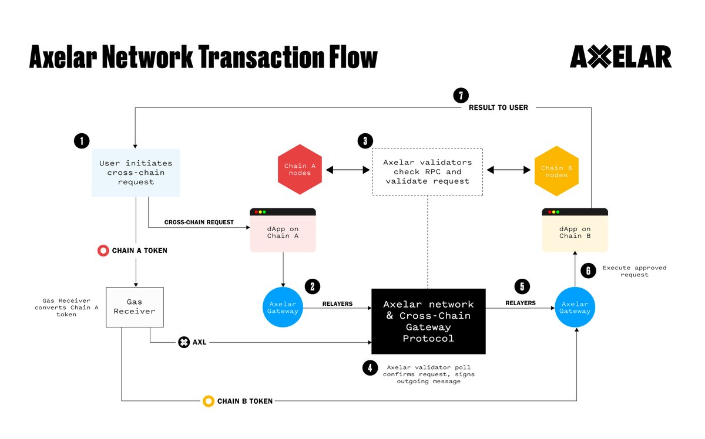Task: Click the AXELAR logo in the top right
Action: [x=620, y=58]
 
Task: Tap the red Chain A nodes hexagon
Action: [x=300, y=170]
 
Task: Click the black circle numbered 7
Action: [x=461, y=95]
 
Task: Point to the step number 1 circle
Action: [x=82, y=141]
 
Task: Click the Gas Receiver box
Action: [x=135, y=307]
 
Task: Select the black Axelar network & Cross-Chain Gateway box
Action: [x=428, y=321]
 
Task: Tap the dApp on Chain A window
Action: [x=283, y=231]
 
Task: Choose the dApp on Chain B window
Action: [x=574, y=231]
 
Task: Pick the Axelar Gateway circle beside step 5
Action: [x=574, y=308]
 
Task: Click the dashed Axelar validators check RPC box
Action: [x=427, y=171]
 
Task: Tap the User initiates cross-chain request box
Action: [x=135, y=173]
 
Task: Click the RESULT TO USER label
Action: [x=498, y=108]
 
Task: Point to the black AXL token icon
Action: [x=184, y=342]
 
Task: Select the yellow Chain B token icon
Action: [x=208, y=401]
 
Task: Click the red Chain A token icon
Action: [x=103, y=251]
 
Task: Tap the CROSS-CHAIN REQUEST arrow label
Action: [x=199, y=222]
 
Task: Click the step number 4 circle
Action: [x=370, y=368]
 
